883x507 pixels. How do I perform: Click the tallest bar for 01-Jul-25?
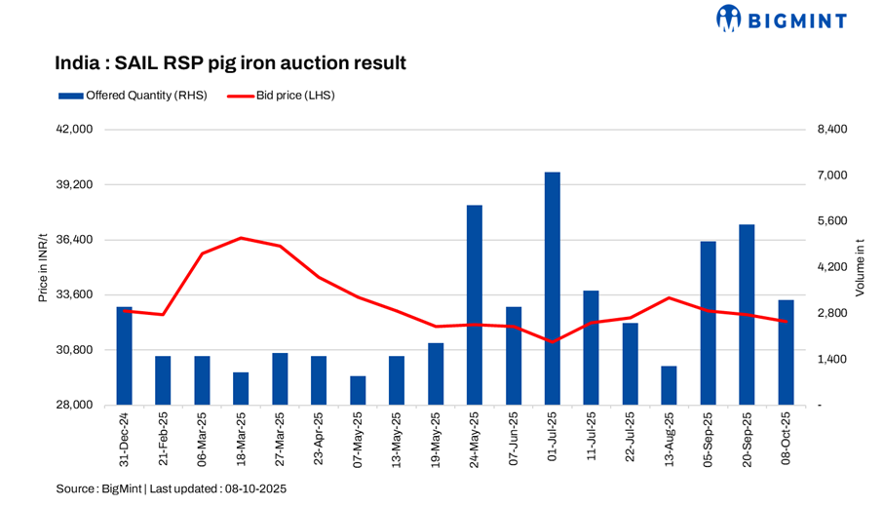(x=553, y=289)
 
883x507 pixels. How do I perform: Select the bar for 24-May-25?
(x=475, y=305)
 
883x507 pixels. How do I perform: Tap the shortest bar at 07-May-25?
(x=358, y=390)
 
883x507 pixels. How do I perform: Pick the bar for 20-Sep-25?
(x=748, y=315)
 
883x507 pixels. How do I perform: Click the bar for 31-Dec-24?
(x=124, y=356)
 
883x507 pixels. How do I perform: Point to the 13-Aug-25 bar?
(x=670, y=385)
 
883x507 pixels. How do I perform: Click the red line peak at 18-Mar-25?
(x=241, y=238)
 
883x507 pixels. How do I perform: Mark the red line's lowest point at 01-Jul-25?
(x=553, y=342)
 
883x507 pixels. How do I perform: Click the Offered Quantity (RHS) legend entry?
(x=132, y=96)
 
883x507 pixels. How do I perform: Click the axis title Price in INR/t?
(x=43, y=267)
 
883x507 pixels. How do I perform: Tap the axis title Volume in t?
(x=860, y=267)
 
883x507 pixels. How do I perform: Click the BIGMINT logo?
(x=782, y=19)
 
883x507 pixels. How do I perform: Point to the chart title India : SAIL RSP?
(x=230, y=63)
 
